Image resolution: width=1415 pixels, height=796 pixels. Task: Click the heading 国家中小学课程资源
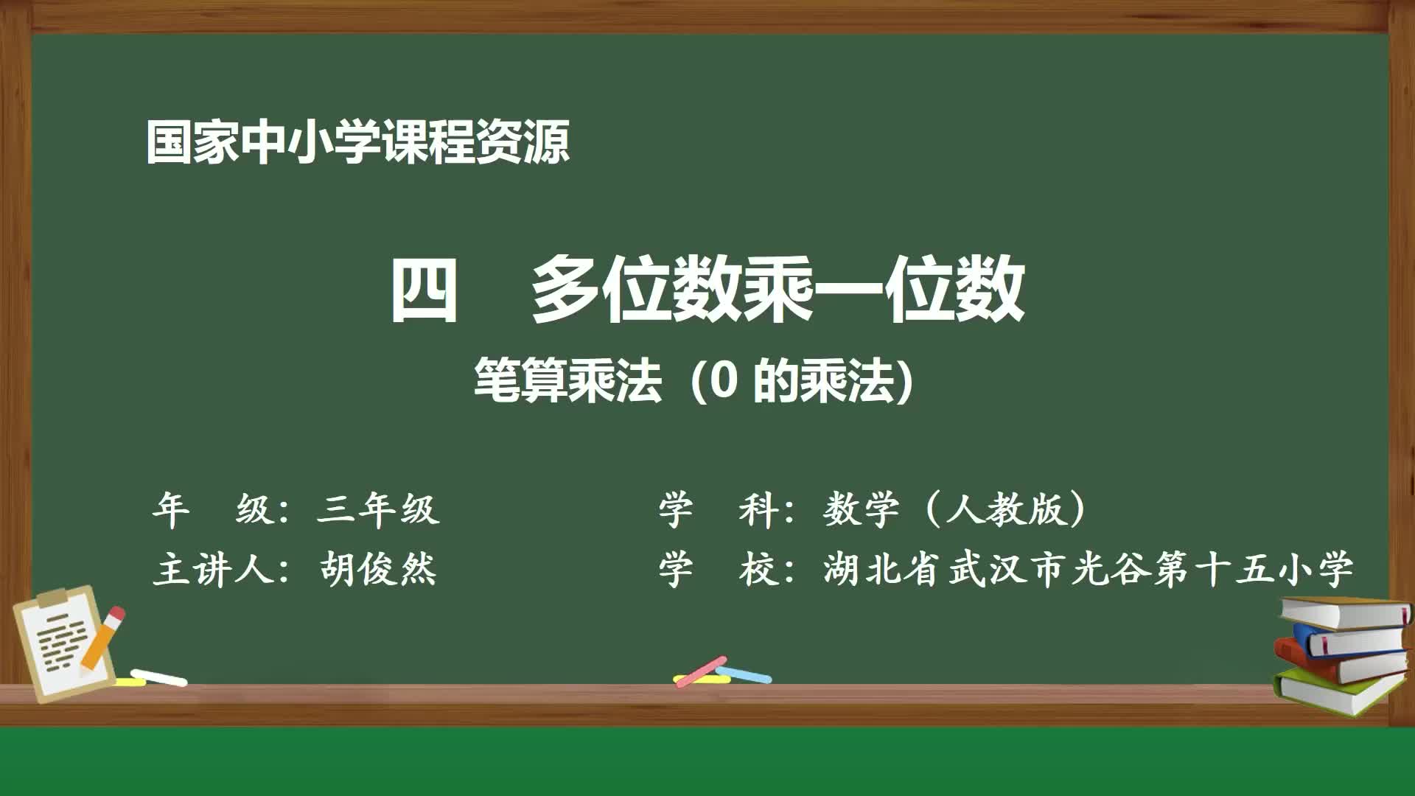pos(357,142)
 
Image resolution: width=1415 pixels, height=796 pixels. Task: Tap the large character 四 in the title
pos(423,289)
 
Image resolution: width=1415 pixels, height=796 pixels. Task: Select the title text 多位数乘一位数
pos(778,289)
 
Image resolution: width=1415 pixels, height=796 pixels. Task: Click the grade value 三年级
pos(378,509)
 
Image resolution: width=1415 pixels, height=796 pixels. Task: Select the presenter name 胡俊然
pos(378,569)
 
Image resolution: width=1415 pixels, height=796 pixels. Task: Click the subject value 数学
pos(861,509)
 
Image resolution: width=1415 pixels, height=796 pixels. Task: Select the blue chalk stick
pos(744,674)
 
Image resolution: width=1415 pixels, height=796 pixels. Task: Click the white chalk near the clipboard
pos(158,677)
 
